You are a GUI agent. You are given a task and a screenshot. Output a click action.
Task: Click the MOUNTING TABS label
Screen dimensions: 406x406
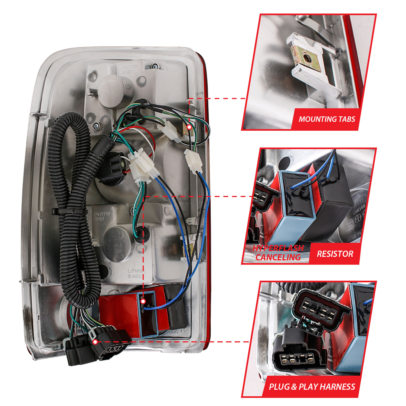[327, 119]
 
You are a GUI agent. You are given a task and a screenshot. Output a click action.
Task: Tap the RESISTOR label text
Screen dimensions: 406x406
[335, 254]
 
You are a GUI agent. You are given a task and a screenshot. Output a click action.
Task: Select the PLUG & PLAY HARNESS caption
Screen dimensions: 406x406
[312, 387]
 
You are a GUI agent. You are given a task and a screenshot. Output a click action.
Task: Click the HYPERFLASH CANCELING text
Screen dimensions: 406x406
[278, 253]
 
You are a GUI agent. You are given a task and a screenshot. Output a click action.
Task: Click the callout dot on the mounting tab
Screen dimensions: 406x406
[189, 127]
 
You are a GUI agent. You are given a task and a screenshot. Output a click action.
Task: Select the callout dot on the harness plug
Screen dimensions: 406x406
[95, 342]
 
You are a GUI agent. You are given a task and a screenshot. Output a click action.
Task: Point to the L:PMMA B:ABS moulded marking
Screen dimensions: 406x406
[136, 273]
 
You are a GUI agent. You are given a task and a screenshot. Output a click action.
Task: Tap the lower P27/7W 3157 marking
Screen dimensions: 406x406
[102, 216]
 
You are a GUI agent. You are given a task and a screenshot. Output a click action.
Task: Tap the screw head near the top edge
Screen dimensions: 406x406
[155, 66]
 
